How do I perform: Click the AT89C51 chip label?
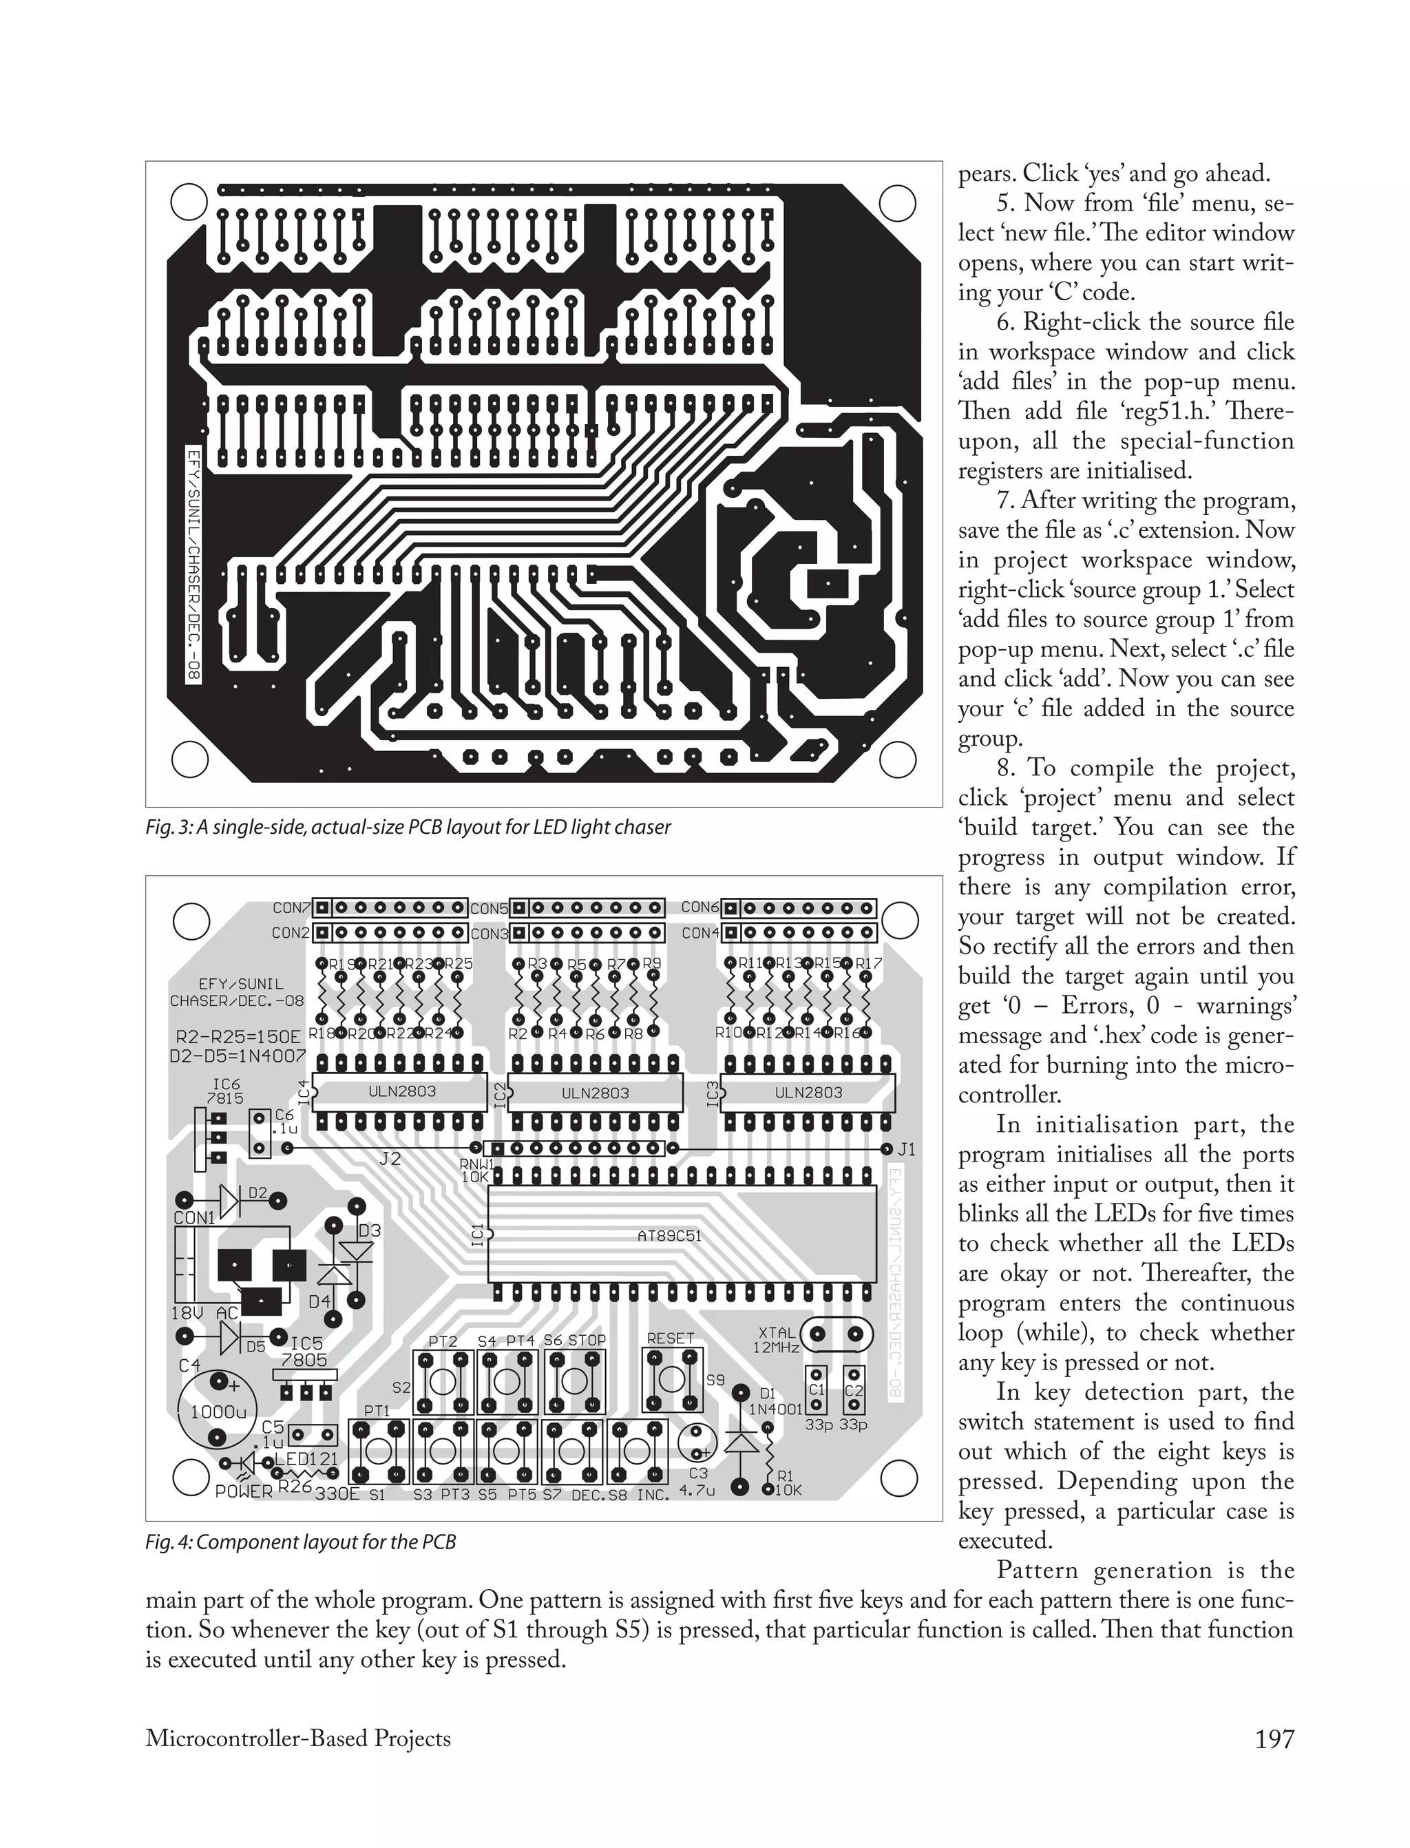(x=669, y=1235)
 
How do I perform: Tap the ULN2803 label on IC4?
(x=402, y=1091)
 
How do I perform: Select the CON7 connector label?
(x=291, y=908)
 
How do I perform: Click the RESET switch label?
(x=671, y=1338)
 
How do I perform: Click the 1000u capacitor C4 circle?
(x=218, y=1411)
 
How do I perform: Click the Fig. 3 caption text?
(x=408, y=828)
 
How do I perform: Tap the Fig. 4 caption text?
(x=300, y=1542)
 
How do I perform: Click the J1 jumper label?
(x=907, y=1149)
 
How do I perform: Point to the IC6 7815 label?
(x=225, y=1091)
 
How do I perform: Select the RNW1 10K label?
(x=475, y=1170)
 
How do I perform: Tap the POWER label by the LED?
(x=244, y=1491)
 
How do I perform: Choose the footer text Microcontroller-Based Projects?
(x=298, y=1738)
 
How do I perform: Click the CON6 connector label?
(x=699, y=907)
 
